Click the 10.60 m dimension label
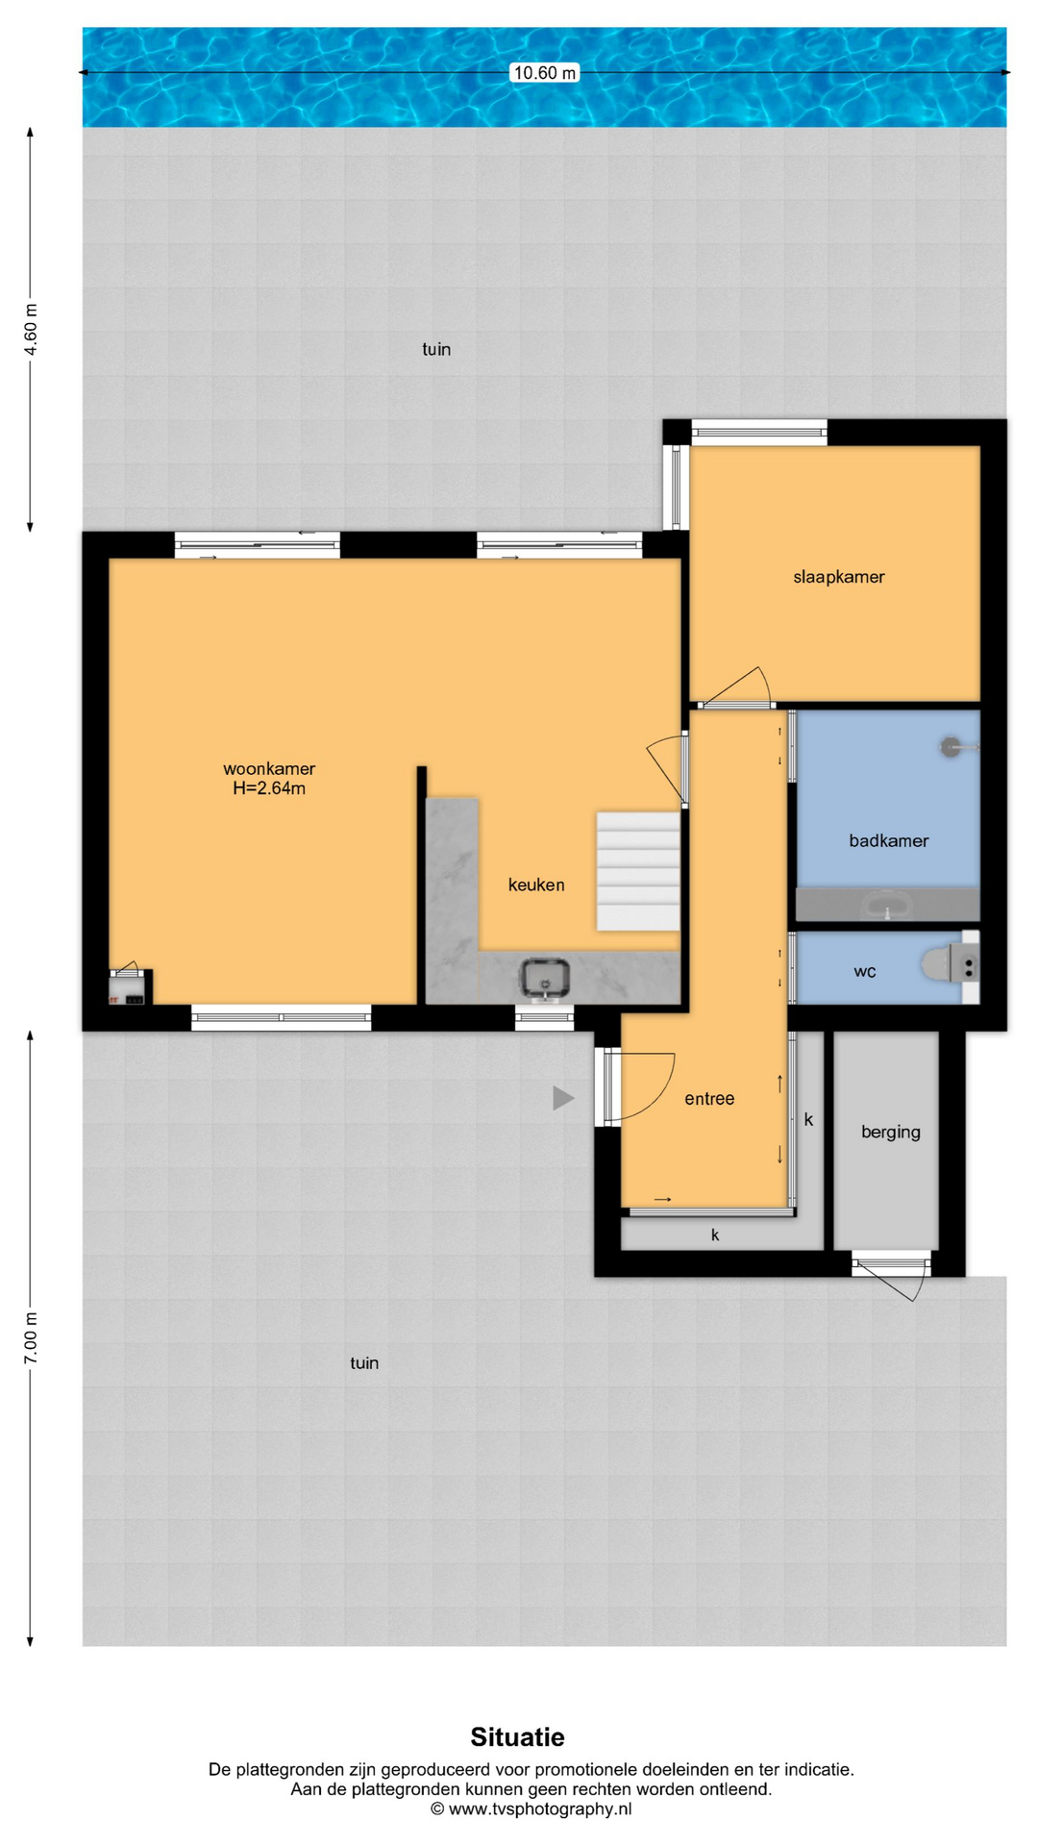coord(544,73)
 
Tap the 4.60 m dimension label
coord(31,330)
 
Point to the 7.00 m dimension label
coord(31,1337)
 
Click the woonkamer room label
coord(269,768)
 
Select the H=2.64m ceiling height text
coord(269,788)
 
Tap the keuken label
coord(536,885)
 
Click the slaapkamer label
coord(839,577)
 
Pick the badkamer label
coord(889,840)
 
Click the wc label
coord(865,971)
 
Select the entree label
coord(709,1098)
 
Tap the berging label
coord(891,1132)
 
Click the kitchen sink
coord(546,979)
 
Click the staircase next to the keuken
coord(638,871)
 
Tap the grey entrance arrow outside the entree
coord(563,1098)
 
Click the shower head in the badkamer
coord(951,745)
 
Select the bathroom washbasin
coord(888,905)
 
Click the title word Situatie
coord(517,1737)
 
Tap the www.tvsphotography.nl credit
coord(531,1809)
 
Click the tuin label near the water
coord(436,349)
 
